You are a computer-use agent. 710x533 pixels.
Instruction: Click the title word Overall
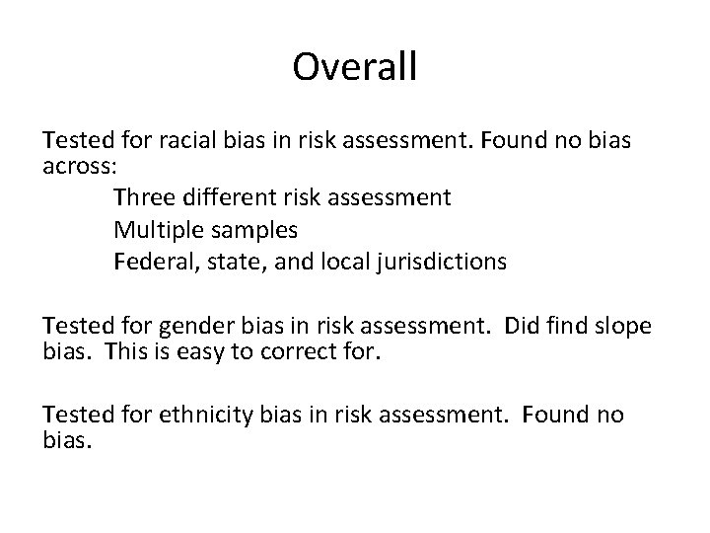[355, 67]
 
